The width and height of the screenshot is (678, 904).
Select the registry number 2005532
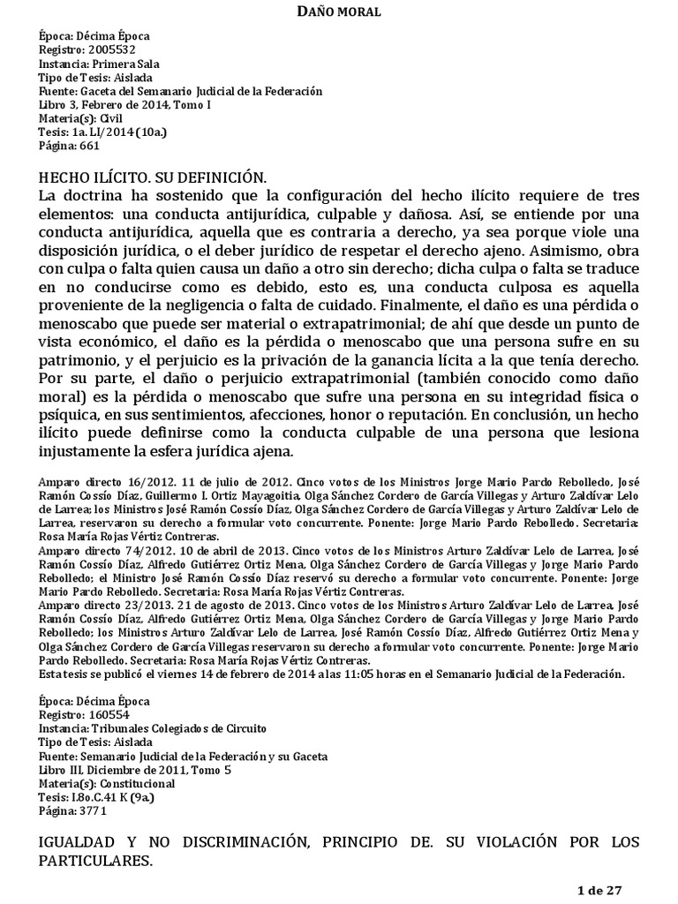coord(107,50)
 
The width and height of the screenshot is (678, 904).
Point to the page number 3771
coord(90,810)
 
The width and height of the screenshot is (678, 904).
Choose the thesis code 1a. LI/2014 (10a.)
coord(117,132)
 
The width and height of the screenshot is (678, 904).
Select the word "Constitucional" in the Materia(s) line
coord(136,783)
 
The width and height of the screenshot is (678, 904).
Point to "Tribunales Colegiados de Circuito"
coord(179,728)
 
